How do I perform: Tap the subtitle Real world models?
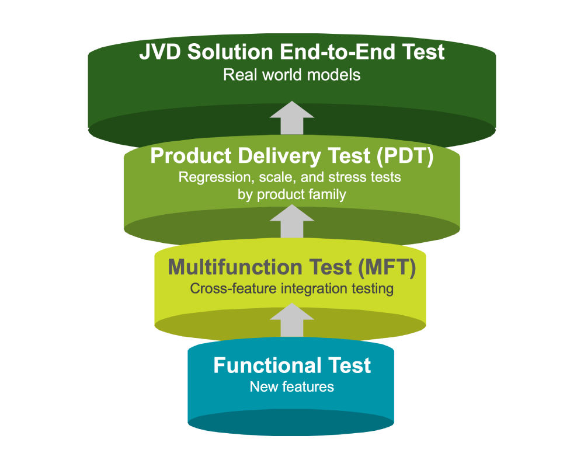click(x=291, y=75)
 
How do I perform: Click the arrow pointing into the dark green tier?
click(x=292, y=117)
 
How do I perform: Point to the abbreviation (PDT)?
click(x=402, y=156)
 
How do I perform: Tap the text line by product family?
click(x=291, y=195)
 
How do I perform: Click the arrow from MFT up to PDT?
click(x=292, y=221)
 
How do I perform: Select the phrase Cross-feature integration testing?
click(x=291, y=288)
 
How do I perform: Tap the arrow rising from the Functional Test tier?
click(x=292, y=319)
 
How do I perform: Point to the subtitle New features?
click(x=291, y=386)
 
